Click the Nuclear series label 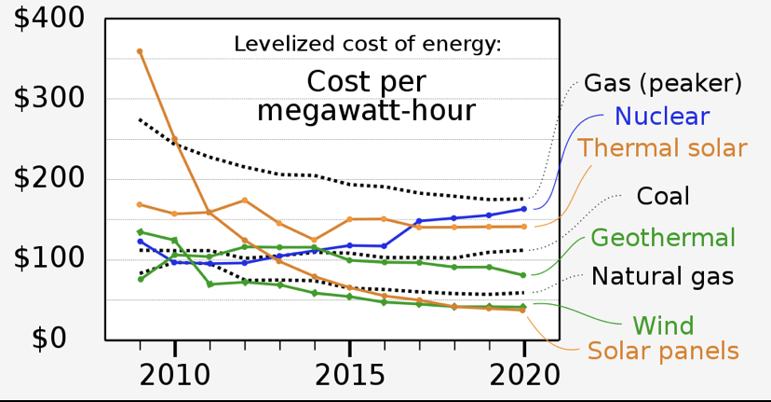coord(662,117)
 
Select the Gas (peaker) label coord(663,83)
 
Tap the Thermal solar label coord(662,147)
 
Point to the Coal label coord(663,196)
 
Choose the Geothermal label coord(663,238)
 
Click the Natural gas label coord(662,276)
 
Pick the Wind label coord(663,326)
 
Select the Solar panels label coord(663,352)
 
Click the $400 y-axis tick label coord(48,19)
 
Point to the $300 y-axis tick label coord(48,98)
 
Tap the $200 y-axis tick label coord(48,178)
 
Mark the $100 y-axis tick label coord(48,257)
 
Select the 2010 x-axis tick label coord(174,376)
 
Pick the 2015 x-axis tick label coord(349,376)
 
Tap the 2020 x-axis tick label coord(524,376)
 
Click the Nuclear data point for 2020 coord(523,209)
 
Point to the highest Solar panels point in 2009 coord(140,51)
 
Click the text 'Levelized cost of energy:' coord(368,45)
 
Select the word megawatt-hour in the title coord(366,111)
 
